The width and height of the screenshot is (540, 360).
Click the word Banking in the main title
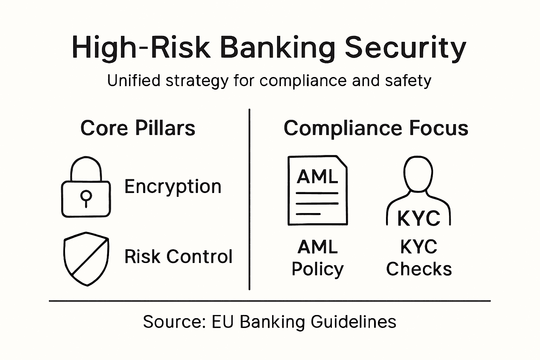coord(277,47)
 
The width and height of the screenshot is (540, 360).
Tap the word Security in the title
coord(405,47)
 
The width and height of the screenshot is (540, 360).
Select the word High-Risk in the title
coord(141,47)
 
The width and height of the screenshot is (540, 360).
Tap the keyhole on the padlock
coord(86,198)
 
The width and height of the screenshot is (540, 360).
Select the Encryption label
coord(173,186)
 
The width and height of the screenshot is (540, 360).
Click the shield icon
coord(86,258)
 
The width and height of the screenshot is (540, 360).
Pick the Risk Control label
coord(178,256)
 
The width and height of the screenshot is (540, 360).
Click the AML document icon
coord(317,190)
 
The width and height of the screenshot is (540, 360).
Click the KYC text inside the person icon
coord(419,218)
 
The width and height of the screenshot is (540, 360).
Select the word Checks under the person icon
coord(419,269)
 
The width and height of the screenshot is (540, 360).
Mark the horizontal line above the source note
coord(270,301)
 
